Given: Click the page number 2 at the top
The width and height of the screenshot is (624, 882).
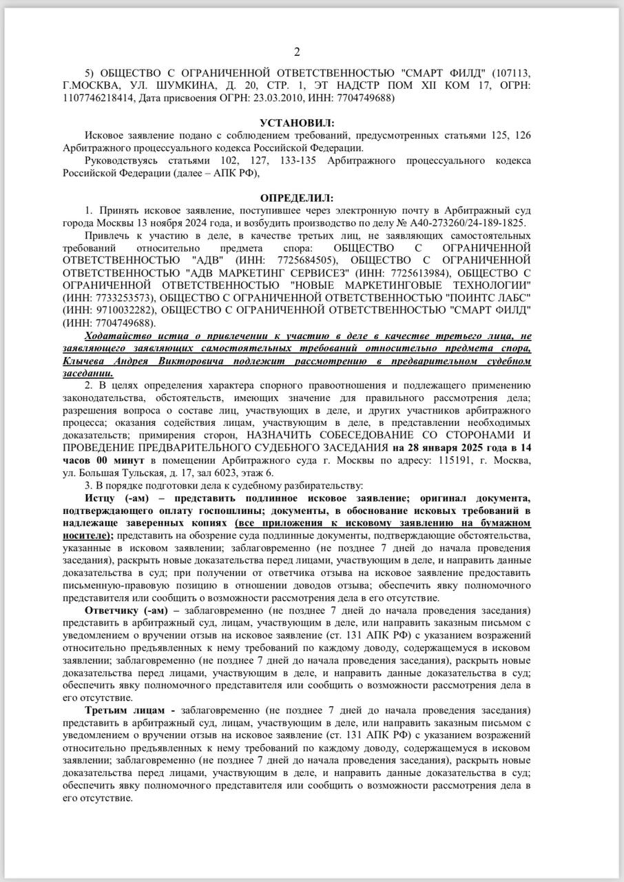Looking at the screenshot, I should click(297, 52).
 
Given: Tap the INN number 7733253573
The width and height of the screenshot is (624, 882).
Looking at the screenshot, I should click(120, 298).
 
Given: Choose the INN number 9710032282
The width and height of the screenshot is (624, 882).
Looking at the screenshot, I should click(120, 310).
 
